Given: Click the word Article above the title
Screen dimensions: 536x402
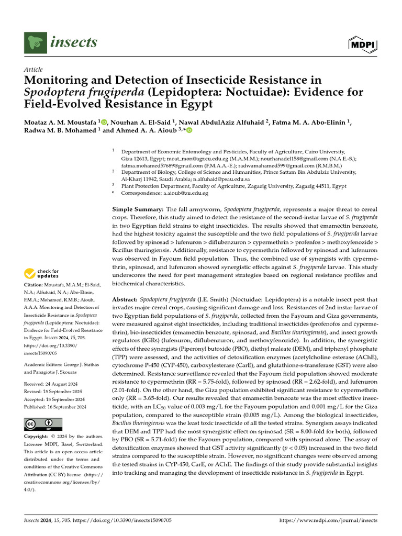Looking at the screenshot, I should pyautogui.click(x=33, y=70).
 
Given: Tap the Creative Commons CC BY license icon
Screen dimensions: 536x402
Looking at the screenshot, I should pyautogui.click(x=43, y=424).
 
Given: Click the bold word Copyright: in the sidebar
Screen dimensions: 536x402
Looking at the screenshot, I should pyautogui.click(x=39, y=437).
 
